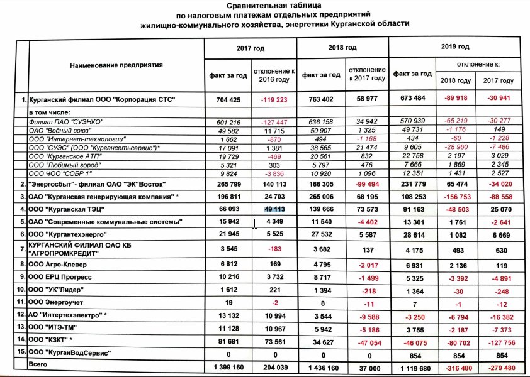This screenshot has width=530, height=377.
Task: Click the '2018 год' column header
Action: point(342,48)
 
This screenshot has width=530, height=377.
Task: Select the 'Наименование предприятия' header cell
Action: point(116,65)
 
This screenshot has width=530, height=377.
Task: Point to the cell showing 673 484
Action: point(413,99)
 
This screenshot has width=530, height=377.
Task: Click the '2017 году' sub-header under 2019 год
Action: point(498,80)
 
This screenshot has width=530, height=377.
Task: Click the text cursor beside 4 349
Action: point(255,223)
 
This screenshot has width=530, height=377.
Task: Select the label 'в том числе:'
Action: point(48,112)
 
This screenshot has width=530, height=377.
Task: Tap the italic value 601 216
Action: point(228,121)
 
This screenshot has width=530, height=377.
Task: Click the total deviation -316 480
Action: point(455,368)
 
